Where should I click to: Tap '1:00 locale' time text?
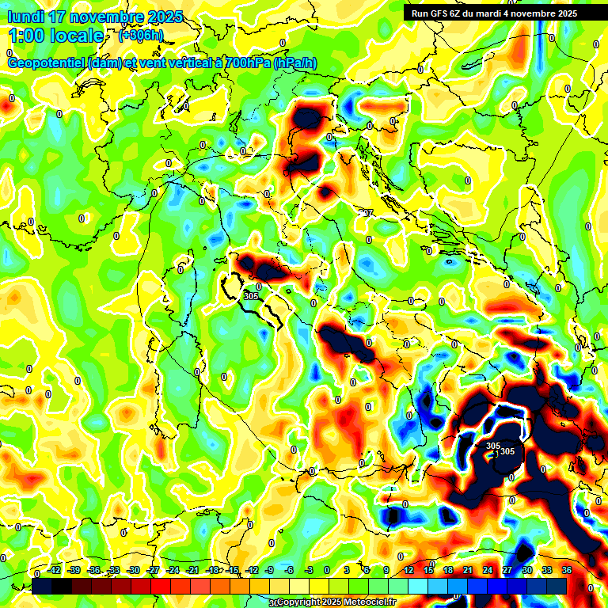56,36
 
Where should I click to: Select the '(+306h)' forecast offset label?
141,36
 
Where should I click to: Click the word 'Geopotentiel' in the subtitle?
46,63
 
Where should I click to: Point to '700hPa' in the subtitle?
245,63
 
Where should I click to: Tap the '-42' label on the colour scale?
55,571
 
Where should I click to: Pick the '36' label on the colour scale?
567,571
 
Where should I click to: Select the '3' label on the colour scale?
347,571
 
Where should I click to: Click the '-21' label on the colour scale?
192,571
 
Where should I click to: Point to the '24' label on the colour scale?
487,571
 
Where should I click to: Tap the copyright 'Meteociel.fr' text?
369,602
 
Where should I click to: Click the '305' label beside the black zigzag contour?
252,296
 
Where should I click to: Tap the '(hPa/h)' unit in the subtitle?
295,63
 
